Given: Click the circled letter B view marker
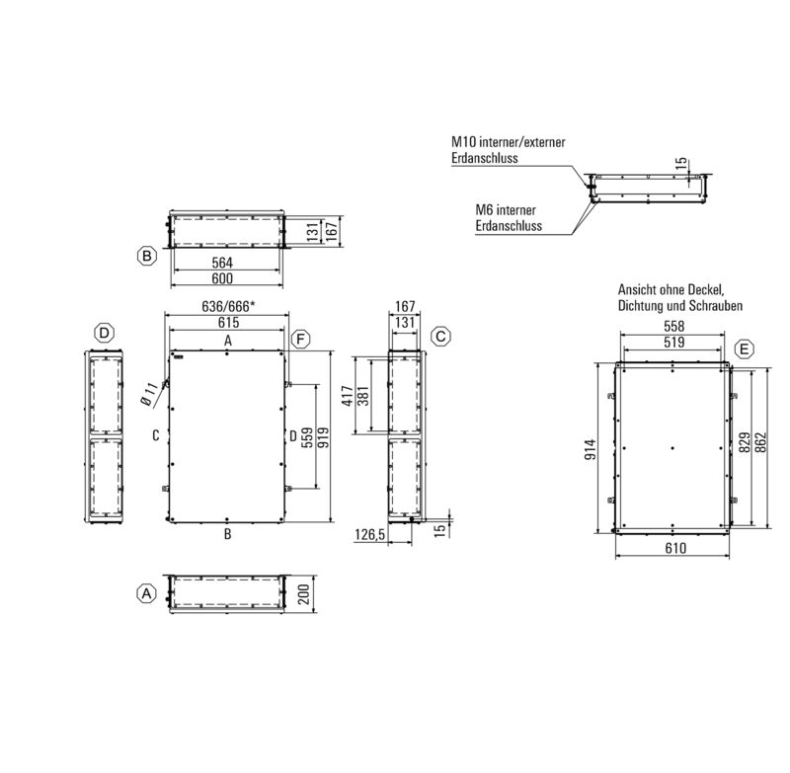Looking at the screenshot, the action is pyautogui.click(x=147, y=256).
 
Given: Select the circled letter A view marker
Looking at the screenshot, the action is pyautogui.click(x=146, y=593).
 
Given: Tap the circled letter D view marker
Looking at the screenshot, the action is pyautogui.click(x=105, y=333).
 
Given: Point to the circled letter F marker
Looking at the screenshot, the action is pyautogui.click(x=301, y=340).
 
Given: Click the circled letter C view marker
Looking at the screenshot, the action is pyautogui.click(x=440, y=337).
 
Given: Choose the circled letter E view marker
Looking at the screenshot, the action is pyautogui.click(x=745, y=348).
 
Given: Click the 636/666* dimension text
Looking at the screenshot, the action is pyautogui.click(x=228, y=306).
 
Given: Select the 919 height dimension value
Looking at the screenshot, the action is pyautogui.click(x=323, y=437).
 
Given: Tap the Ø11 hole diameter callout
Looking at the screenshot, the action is pyautogui.click(x=149, y=394).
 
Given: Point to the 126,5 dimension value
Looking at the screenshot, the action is pyautogui.click(x=369, y=534).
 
